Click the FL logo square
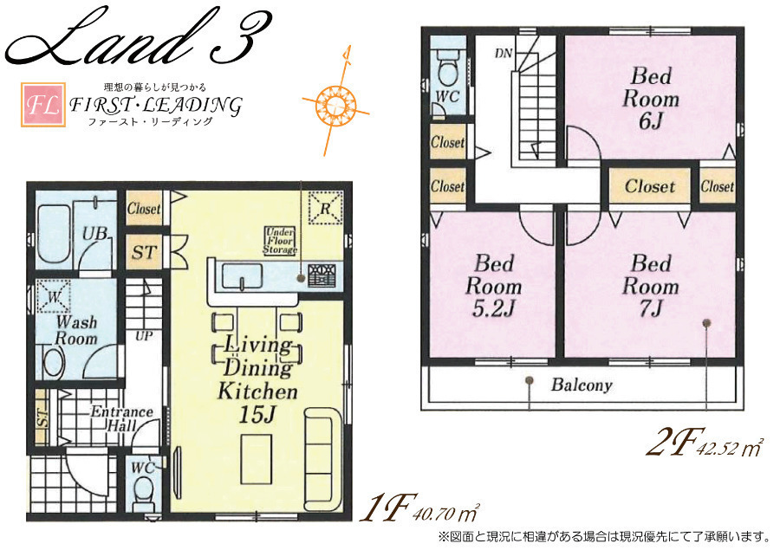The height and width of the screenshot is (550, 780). click(x=42, y=105)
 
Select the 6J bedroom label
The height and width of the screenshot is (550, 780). click(x=651, y=99)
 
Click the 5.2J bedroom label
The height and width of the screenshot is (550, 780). click(x=493, y=286)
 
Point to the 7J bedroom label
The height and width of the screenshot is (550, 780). click(x=651, y=286)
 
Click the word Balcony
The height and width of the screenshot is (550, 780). click(x=582, y=385)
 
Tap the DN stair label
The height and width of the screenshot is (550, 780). click(x=504, y=53)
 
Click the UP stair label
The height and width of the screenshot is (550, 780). click(x=144, y=336)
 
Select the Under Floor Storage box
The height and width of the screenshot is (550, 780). click(x=281, y=241)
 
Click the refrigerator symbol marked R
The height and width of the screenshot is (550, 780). click(x=325, y=208)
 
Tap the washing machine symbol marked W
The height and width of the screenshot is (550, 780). click(x=53, y=296)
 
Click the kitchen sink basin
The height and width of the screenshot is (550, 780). click(x=242, y=276)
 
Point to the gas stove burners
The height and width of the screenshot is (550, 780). click(x=322, y=275)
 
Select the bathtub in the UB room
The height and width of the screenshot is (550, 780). click(x=54, y=235)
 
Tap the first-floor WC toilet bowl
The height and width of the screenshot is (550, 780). click(x=144, y=490)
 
